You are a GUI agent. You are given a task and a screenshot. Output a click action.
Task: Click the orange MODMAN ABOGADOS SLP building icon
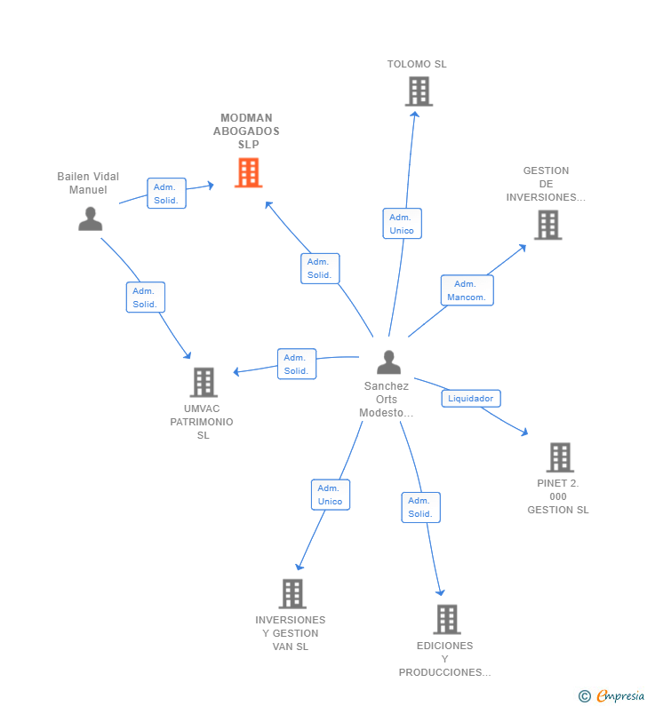[x=248, y=172]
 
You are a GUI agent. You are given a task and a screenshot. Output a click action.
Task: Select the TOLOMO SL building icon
[x=419, y=91]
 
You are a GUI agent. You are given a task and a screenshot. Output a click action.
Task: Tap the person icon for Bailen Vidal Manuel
[x=90, y=218]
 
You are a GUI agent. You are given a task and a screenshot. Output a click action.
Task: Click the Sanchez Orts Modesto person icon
[x=389, y=362]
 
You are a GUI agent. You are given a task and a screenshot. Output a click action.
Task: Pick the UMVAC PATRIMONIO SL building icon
[x=204, y=382]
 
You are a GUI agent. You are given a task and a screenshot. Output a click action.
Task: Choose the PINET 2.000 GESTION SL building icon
[x=560, y=457]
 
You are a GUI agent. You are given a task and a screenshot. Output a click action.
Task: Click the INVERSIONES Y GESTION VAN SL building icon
[x=292, y=593]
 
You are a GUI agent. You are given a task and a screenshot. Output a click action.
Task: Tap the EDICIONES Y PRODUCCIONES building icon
[x=447, y=619]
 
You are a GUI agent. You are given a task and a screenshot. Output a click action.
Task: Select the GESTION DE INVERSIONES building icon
[x=547, y=226]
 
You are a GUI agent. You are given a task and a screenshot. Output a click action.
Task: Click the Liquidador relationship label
[x=471, y=399]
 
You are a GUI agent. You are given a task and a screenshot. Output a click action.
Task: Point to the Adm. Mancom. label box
[x=467, y=290]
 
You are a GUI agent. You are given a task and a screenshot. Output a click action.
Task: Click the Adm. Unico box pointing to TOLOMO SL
[x=402, y=223]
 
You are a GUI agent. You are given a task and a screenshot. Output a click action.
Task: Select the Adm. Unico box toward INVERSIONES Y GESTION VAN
[x=331, y=495]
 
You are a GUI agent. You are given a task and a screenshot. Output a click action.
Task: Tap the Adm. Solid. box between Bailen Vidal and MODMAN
[x=166, y=194]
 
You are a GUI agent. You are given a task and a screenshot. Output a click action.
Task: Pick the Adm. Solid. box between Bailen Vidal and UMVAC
[x=145, y=297]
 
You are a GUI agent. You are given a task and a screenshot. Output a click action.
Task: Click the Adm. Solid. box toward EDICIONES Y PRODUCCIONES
[x=421, y=507]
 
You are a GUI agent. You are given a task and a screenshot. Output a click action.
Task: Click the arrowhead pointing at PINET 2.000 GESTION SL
[x=524, y=432]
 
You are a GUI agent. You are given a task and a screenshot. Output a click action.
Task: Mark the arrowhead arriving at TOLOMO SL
[x=414, y=115]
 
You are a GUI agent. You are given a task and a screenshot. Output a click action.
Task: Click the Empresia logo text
[x=620, y=695]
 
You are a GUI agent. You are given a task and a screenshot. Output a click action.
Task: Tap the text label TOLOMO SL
[x=417, y=64]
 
